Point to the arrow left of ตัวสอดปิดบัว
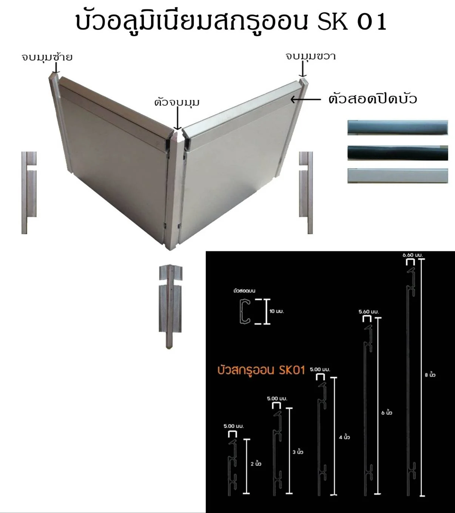[x=306, y=99]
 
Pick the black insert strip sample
[x=398, y=153]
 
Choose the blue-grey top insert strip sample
[x=398, y=127]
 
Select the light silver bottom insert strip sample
[x=398, y=176]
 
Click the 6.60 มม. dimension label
[x=412, y=255]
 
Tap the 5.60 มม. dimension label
[x=369, y=312]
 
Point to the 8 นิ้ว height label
[x=430, y=375]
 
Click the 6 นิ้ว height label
[x=387, y=413]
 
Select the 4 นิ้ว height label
[x=344, y=437]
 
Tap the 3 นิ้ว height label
[x=298, y=452]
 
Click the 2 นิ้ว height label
[x=256, y=464]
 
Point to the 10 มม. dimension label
[x=277, y=311]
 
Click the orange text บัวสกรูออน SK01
[x=261, y=370]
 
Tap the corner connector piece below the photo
[x=170, y=307]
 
